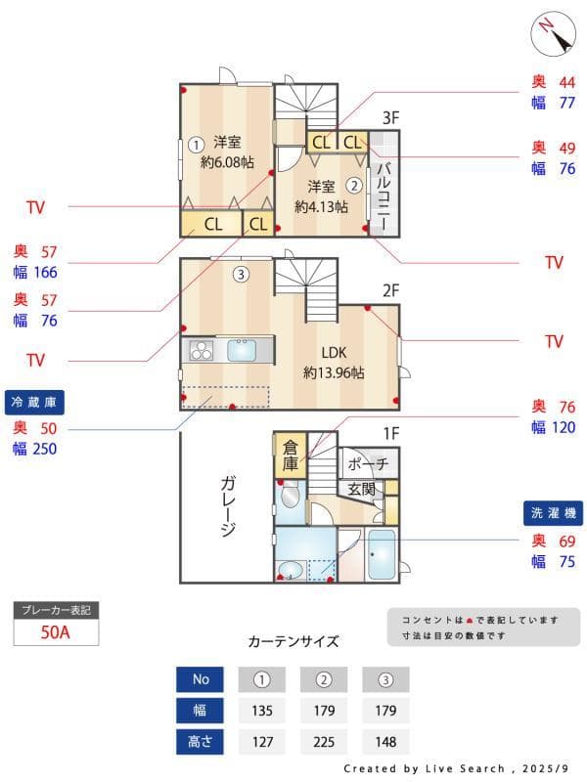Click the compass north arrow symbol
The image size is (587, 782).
coord(554,35)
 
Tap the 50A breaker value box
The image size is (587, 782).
coord(56,631)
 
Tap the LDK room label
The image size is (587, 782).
coord(334,353)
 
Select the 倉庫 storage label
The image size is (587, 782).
coord(291,456)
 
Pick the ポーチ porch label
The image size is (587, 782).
coord(368,463)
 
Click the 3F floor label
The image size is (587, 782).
coord(390,118)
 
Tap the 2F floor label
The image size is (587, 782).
coord(390,289)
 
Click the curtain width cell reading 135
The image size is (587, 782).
coord(261,710)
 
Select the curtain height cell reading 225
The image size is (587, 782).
coord(324,741)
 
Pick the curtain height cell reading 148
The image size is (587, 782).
coord(385,741)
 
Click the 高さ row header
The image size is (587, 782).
coord(200,741)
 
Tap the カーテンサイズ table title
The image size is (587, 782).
coord(293,642)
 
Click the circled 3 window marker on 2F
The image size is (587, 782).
coord(241,274)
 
